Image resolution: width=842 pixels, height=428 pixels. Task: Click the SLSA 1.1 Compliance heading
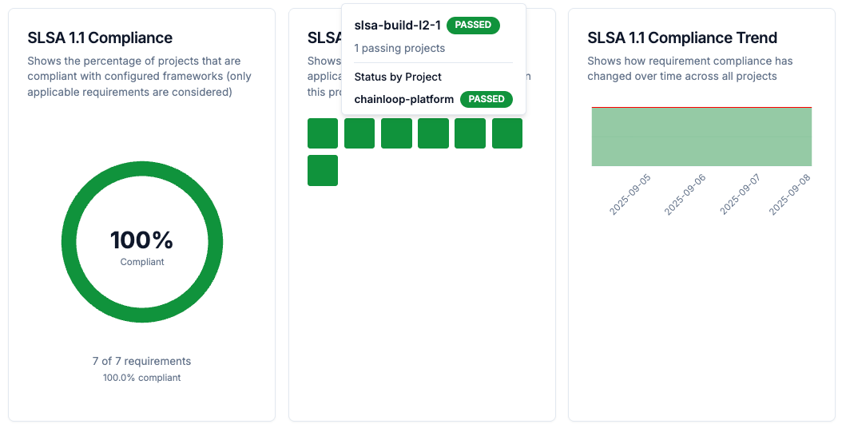pyautogui.click(x=100, y=38)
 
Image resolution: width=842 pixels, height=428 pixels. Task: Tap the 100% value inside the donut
pyautogui.click(x=141, y=240)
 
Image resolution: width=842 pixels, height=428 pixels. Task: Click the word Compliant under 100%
pyautogui.click(x=142, y=262)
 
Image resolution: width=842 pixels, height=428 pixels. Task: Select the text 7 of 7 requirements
pyautogui.click(x=141, y=361)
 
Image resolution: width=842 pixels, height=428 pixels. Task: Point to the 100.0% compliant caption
pyautogui.click(x=141, y=378)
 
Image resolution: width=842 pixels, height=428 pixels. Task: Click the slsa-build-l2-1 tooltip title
pyautogui.click(x=397, y=25)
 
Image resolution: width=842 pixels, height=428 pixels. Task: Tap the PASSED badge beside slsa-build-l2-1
pyautogui.click(x=473, y=25)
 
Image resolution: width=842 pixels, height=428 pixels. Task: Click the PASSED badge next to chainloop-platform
pyautogui.click(x=487, y=99)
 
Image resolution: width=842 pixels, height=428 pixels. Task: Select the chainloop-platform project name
pyautogui.click(x=403, y=99)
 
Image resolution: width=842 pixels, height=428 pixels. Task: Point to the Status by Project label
pyautogui.click(x=398, y=77)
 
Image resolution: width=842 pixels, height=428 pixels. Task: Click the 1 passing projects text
pyautogui.click(x=399, y=48)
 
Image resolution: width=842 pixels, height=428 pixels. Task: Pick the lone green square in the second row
pyautogui.click(x=323, y=170)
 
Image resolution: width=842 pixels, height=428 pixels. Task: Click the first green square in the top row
pyautogui.click(x=323, y=133)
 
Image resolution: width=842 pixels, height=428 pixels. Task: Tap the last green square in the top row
pyautogui.click(x=506, y=133)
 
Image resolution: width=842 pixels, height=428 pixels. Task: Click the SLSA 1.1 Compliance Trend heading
pyautogui.click(x=681, y=38)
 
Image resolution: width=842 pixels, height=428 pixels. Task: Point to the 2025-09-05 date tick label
pyautogui.click(x=631, y=194)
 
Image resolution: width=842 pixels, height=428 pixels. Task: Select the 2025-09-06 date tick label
pyautogui.click(x=686, y=194)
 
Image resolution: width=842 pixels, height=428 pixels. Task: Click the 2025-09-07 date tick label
pyautogui.click(x=741, y=194)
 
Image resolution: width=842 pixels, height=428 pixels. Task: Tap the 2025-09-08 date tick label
pyautogui.click(x=790, y=194)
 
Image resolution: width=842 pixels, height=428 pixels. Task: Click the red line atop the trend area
pyautogui.click(x=701, y=107)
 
